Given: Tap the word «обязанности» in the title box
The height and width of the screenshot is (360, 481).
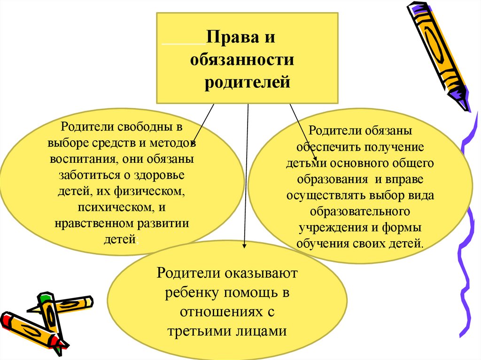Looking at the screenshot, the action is (242, 61).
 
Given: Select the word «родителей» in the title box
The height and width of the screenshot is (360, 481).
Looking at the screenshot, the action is (248, 83).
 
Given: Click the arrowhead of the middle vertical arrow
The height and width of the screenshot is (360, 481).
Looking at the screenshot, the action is (244, 244).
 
